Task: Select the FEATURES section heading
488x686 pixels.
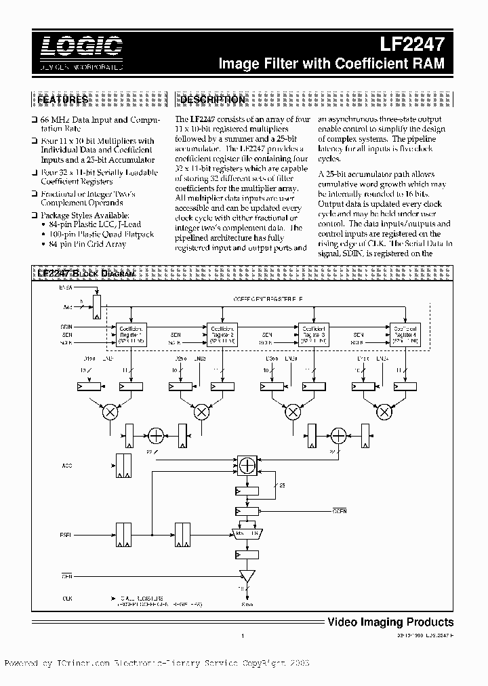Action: click(x=62, y=100)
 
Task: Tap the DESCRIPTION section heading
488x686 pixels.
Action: click(x=212, y=100)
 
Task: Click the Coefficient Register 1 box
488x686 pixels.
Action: click(x=131, y=334)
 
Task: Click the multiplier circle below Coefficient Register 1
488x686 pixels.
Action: click(x=109, y=411)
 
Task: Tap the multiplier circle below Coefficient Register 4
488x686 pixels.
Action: click(x=384, y=411)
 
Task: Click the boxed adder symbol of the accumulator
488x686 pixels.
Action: click(x=247, y=465)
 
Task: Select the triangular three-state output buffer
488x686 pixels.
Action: click(x=247, y=576)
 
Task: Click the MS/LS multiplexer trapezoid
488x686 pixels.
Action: click(x=247, y=533)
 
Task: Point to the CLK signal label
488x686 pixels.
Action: click(x=67, y=598)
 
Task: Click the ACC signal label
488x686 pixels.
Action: click(x=66, y=466)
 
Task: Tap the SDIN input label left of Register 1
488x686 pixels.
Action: click(x=66, y=326)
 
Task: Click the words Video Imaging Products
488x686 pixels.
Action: click(x=390, y=622)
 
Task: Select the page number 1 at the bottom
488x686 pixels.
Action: click(x=242, y=636)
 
